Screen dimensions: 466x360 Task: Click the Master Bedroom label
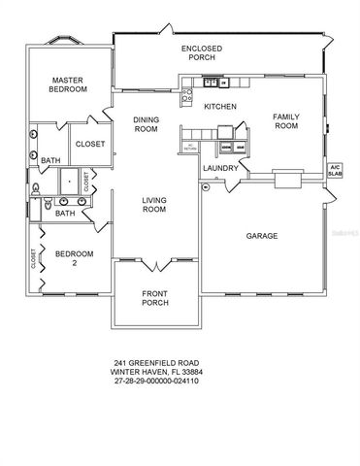click(68, 84)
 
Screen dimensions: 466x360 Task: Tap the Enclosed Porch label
click(205, 52)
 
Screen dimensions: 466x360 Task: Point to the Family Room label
click(285, 119)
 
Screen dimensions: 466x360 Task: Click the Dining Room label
click(146, 124)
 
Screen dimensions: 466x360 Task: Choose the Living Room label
click(155, 206)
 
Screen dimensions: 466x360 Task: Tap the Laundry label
click(220, 167)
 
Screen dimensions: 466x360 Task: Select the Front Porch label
click(155, 299)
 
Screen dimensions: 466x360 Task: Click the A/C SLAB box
click(336, 168)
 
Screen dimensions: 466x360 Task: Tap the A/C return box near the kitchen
click(191, 147)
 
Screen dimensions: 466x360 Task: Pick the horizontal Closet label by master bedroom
click(90, 144)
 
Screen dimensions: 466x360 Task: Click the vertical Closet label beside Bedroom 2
click(33, 258)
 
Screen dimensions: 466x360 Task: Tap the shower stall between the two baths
click(70, 182)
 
